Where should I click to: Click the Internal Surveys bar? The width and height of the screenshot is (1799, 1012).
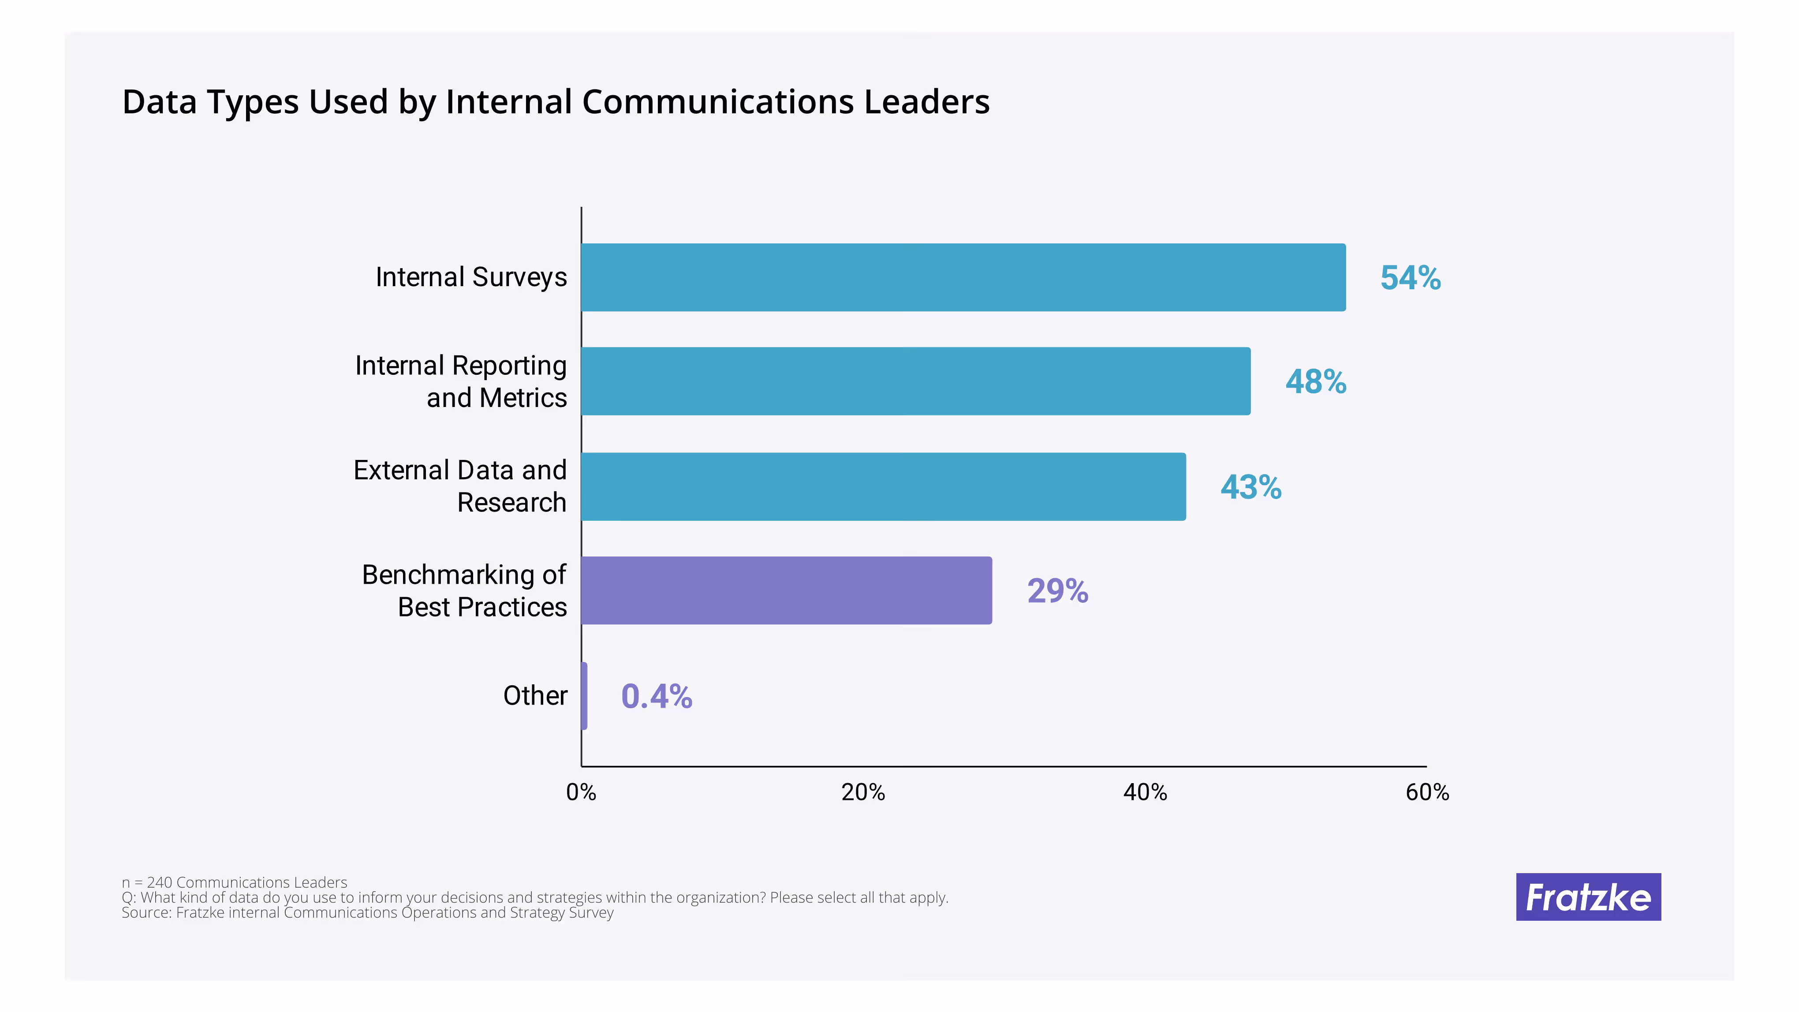pos(963,277)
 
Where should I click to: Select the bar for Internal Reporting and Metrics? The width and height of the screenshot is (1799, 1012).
pos(915,381)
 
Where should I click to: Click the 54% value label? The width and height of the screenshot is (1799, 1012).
pos(1410,278)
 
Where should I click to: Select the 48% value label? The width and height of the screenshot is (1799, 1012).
pos(1316,382)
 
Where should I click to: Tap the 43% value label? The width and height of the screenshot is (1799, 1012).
pos(1251,488)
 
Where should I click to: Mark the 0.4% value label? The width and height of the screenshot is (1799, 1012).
pos(657,696)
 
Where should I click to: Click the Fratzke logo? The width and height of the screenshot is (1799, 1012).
pos(1588,897)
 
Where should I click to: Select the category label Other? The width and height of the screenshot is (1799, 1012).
pos(535,696)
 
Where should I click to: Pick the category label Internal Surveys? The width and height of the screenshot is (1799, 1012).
pos(471,277)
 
